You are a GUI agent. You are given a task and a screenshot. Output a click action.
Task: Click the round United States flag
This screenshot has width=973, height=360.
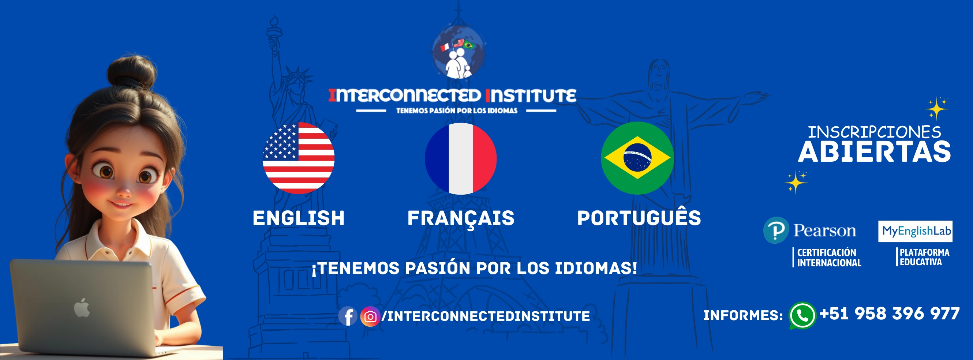[298, 158]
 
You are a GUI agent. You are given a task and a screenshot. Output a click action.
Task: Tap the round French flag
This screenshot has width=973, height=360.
[460, 159]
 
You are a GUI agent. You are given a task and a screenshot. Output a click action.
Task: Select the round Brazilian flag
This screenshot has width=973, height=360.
[637, 158]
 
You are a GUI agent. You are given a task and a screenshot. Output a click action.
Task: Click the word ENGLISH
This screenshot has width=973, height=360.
[298, 218]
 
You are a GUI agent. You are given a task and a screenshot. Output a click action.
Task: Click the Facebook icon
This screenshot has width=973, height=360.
[348, 316]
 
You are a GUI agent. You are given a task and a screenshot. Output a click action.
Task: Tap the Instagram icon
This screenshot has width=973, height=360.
[370, 316]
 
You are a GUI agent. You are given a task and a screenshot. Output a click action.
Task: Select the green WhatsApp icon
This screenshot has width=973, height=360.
[802, 315]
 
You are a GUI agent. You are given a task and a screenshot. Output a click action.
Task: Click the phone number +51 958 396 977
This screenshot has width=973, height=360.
[890, 314]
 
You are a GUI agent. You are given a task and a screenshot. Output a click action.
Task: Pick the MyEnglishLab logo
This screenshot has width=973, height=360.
[915, 231]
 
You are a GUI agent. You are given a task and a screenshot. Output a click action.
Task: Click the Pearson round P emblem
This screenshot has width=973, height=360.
[776, 230]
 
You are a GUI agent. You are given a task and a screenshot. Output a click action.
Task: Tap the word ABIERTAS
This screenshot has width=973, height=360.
[875, 152]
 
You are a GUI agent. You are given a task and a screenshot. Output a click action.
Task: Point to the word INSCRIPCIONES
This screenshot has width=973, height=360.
[874, 132]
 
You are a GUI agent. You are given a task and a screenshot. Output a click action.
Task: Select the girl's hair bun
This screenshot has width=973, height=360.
[131, 72]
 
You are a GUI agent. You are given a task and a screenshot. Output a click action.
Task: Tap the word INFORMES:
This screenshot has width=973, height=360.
[743, 315]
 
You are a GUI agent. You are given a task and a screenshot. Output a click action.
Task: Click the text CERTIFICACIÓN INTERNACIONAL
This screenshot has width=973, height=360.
[829, 258]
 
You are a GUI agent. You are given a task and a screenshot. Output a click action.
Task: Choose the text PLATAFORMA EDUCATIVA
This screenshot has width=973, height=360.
[924, 257]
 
